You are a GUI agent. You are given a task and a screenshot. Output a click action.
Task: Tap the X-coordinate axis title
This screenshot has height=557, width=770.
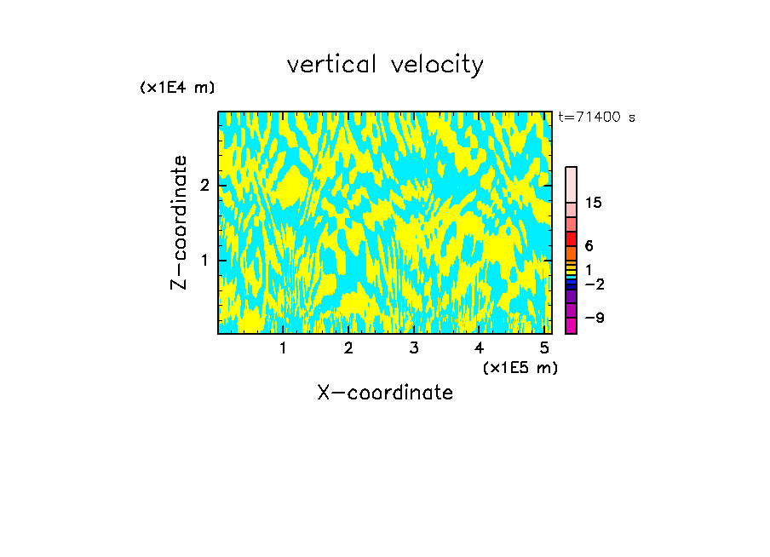point(385,393)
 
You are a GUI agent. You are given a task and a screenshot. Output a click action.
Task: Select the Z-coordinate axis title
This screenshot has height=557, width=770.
point(179,222)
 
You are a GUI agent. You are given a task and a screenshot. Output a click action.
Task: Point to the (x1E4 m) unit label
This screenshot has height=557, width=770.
point(177,88)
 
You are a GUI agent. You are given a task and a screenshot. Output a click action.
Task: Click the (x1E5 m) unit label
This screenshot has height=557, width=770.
point(520,367)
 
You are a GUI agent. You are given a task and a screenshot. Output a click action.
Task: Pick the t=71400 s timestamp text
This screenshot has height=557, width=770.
point(596,118)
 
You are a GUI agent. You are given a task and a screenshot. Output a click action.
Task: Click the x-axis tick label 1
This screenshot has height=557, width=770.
point(284,347)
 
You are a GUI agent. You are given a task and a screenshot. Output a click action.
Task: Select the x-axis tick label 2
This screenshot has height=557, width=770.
point(348,347)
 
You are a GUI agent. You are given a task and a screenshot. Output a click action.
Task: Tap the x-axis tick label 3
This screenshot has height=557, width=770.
point(414,347)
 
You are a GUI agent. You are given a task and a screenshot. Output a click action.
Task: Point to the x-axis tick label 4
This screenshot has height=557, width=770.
point(479,347)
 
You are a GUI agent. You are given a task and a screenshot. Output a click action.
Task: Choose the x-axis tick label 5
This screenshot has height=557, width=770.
point(543,347)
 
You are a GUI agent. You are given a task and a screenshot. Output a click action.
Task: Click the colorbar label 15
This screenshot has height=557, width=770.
point(594,203)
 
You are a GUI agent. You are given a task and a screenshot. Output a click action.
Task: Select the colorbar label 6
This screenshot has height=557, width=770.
point(589,246)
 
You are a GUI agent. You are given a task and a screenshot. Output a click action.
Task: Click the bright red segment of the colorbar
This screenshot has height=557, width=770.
point(572,238)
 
